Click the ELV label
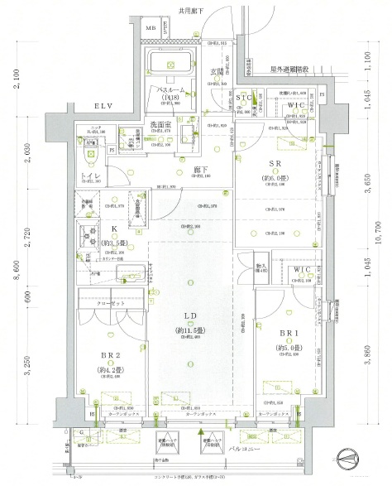tap(103, 107)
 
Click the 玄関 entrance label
tap(214, 73)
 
